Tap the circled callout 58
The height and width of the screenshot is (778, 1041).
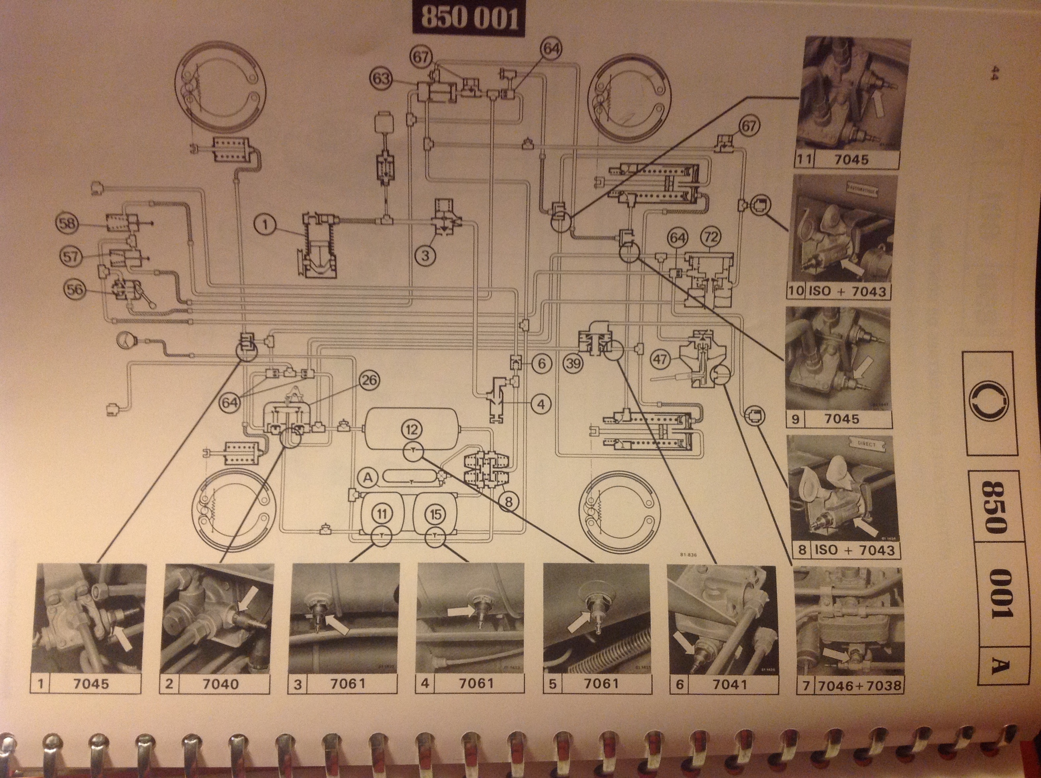click(x=67, y=223)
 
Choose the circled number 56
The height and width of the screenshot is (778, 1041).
click(x=75, y=289)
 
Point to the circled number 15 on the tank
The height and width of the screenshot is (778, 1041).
click(x=436, y=514)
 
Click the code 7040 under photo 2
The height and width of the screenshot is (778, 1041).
click(x=221, y=684)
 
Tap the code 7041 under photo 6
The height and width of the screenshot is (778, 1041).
click(x=729, y=684)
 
